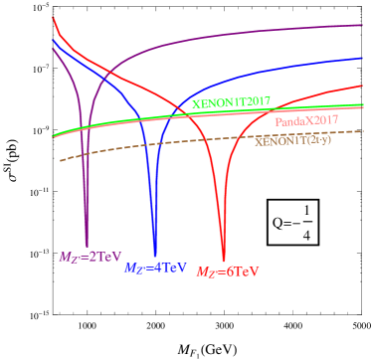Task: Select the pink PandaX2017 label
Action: (306, 121)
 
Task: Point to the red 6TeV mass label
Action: (228, 271)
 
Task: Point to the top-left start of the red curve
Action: (53, 18)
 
